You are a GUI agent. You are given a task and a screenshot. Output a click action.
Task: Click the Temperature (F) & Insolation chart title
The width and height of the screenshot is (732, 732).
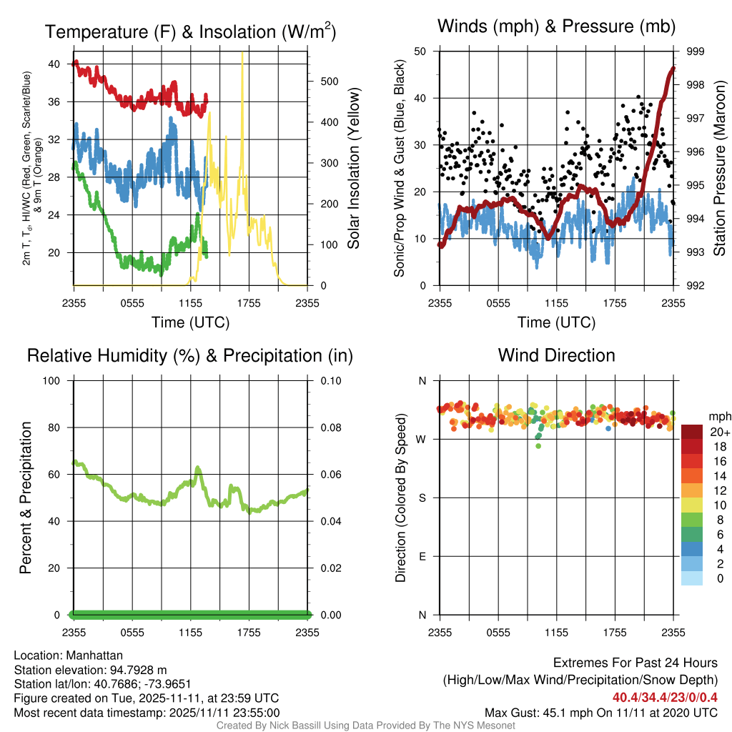coord(190,31)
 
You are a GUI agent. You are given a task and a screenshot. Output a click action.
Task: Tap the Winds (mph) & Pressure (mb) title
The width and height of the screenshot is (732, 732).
coord(556,26)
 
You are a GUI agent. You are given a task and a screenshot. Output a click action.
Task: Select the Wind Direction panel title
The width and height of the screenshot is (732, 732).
coord(556,355)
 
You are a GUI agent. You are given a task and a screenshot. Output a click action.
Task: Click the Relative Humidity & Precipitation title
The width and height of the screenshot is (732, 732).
coord(190,356)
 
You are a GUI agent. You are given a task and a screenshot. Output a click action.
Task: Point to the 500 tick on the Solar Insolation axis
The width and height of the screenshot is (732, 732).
coord(330,81)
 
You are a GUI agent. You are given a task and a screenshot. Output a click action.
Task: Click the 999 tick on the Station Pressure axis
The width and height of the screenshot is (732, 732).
coord(695,51)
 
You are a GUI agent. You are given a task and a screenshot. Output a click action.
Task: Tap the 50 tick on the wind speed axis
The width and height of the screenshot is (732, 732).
coord(420,51)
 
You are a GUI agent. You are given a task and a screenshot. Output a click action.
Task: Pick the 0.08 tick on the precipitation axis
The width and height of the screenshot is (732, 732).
coord(330,427)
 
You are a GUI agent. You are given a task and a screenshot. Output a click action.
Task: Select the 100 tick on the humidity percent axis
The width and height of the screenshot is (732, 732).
coord(51,381)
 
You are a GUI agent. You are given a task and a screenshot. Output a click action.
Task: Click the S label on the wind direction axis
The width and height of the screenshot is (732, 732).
coord(422,498)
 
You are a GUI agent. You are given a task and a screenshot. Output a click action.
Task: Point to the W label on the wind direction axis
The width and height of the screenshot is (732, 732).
coord(421,440)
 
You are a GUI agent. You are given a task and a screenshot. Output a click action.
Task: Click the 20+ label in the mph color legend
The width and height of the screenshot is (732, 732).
coord(720,432)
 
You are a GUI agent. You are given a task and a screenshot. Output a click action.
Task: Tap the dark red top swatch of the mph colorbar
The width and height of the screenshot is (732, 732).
coord(692,432)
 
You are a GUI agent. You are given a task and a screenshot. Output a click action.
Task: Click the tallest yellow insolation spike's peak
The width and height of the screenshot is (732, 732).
coord(242,53)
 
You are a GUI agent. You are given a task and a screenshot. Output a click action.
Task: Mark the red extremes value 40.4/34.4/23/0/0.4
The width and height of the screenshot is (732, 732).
coord(665,698)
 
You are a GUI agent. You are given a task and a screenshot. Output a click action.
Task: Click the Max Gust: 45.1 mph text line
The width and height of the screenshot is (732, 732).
coord(600,713)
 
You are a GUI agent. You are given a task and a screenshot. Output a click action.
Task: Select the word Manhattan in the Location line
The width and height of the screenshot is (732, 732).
coord(94,656)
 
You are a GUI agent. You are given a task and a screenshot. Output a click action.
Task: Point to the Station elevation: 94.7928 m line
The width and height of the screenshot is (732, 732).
coord(90,670)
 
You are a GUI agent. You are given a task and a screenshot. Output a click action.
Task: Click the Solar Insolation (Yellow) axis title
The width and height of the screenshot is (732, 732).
coord(354,168)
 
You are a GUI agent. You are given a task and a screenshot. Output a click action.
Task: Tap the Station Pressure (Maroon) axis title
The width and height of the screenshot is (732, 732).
coord(720,168)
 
